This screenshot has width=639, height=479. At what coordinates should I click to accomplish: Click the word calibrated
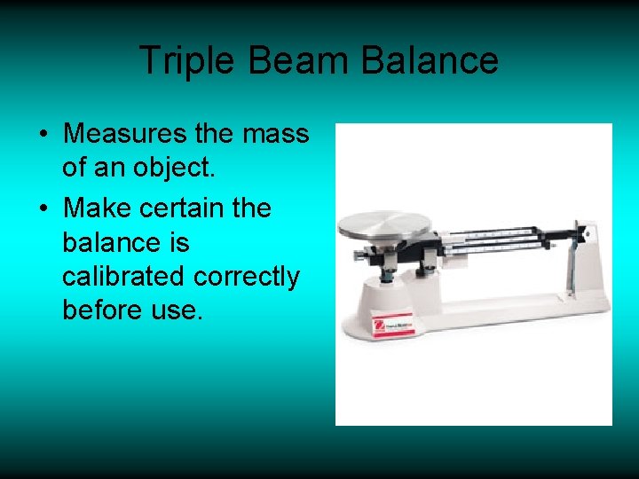point(125,276)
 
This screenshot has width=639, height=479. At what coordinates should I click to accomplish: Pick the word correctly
point(251,276)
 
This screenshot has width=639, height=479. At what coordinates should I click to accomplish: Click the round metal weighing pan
point(386,226)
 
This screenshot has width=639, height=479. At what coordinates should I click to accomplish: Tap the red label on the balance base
point(393,326)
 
